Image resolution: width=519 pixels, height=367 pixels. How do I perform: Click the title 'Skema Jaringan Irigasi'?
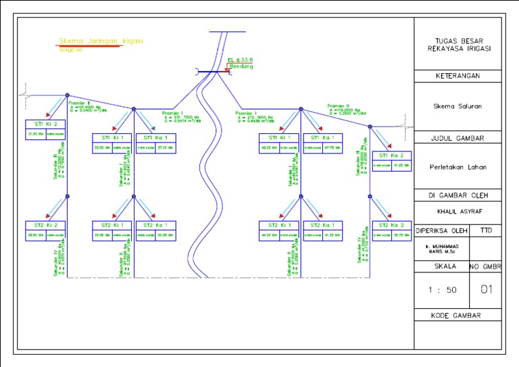pyautogui.click(x=101, y=41)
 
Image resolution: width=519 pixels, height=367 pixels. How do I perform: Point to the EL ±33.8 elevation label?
pyautogui.click(x=240, y=60)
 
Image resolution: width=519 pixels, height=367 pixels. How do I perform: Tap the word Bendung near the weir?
pyautogui.click(x=241, y=66)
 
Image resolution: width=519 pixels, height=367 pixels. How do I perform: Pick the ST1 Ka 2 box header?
pyautogui.click(x=392, y=155)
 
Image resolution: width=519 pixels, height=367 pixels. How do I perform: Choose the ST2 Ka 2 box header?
pyautogui.click(x=392, y=224)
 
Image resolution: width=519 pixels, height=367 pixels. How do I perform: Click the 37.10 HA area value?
pyautogui.click(x=165, y=147)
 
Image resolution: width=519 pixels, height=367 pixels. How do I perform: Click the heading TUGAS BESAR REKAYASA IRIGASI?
pyautogui.click(x=459, y=44)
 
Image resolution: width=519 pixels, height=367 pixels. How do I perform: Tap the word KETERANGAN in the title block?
pyautogui.click(x=458, y=76)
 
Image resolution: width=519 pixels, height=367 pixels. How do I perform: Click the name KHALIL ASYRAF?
pyautogui.click(x=458, y=211)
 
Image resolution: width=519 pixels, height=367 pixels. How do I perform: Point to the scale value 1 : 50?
pyautogui.click(x=440, y=290)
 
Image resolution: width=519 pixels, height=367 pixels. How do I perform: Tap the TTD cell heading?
pyautogui.click(x=486, y=230)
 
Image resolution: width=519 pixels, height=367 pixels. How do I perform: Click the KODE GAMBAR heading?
pyautogui.click(x=458, y=316)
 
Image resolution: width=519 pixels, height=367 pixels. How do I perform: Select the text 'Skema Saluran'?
pyautogui.click(x=458, y=106)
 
